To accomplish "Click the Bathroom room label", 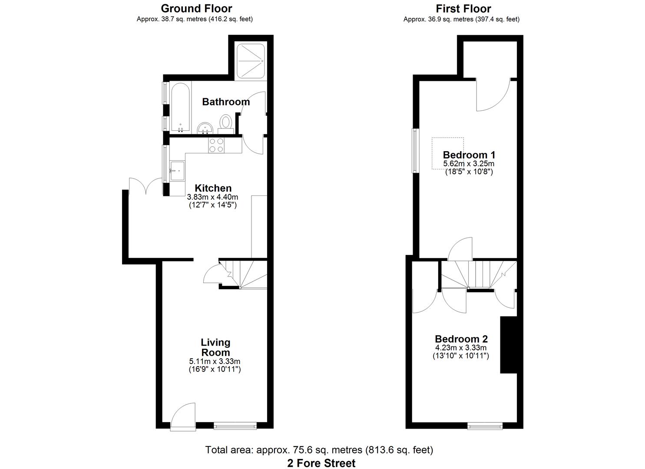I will [226, 102].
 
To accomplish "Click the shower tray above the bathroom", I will [250, 61].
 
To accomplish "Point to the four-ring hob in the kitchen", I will [216, 145].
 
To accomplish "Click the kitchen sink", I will [177, 170].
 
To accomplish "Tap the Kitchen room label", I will [213, 188].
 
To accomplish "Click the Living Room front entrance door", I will [182, 417].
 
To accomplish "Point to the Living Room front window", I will [235, 426].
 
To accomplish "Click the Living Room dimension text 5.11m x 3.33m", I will [215, 361].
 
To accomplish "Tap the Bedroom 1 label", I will [469, 155].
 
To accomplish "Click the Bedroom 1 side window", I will [415, 151].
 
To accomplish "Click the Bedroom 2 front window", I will [485, 426].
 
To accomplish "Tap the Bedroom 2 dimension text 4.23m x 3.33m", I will [461, 348].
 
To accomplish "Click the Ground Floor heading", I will [196, 8].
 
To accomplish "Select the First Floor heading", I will [463, 8].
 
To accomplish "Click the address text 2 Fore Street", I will [321, 463].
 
